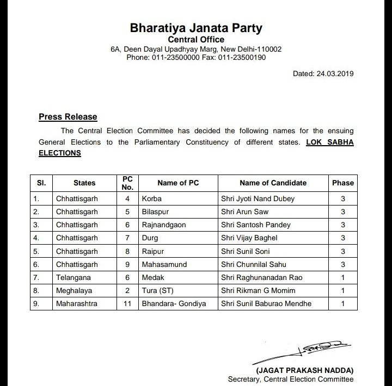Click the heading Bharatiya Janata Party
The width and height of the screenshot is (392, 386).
pos(196,27)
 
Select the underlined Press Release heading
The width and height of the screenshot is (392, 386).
pos(68,116)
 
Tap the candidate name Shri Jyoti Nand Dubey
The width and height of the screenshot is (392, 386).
pos(258,198)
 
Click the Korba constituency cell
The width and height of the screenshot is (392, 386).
pos(151,198)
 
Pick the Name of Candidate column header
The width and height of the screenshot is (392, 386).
pos(273,183)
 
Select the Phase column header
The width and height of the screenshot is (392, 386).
pos(343,183)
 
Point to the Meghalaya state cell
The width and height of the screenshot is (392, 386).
pos(74,290)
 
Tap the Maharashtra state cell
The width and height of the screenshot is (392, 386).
pos(77,303)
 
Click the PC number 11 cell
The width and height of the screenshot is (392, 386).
pos(127,303)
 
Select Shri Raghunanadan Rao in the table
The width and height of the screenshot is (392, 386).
pos(261,277)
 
